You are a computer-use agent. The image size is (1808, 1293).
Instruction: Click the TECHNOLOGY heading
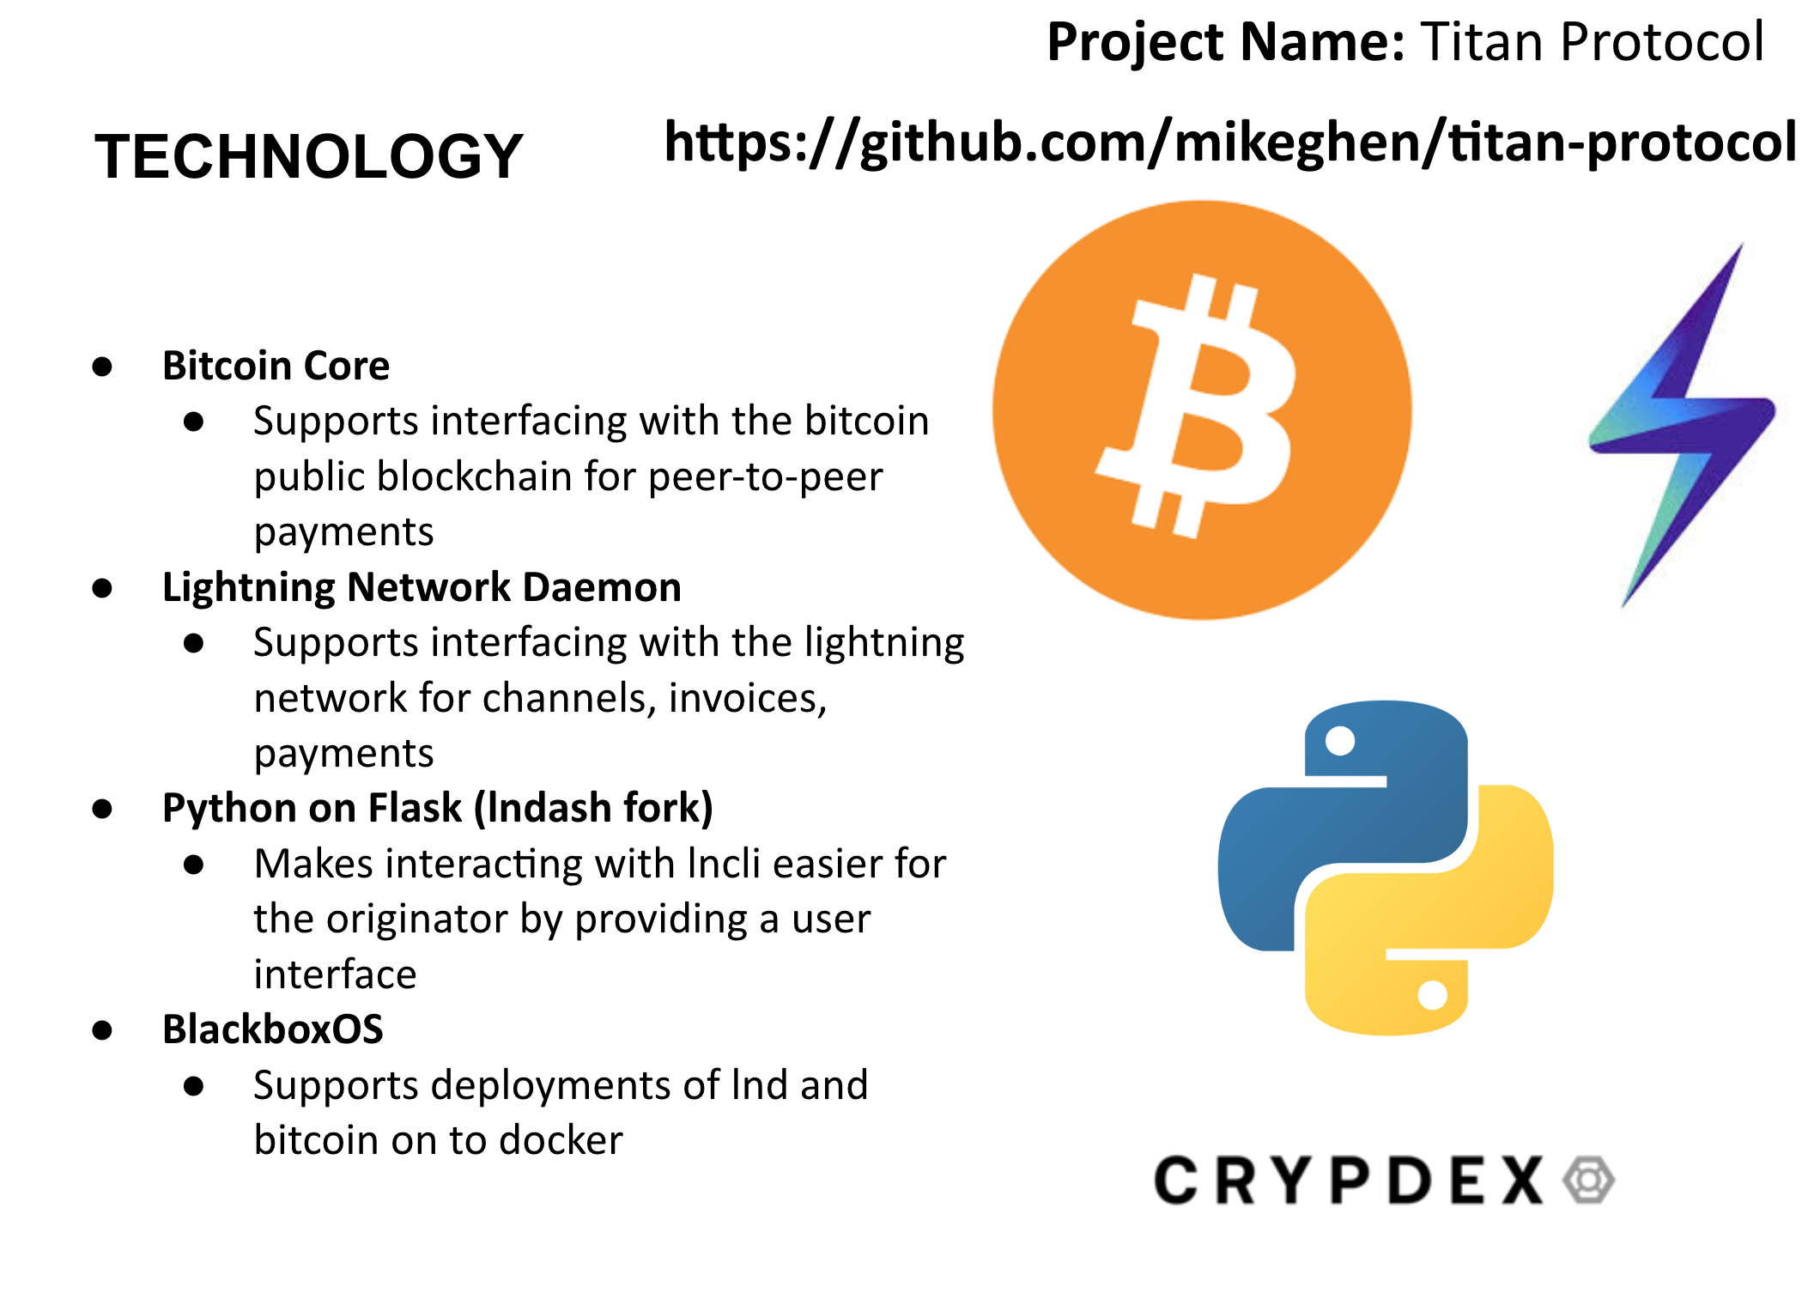[308, 156]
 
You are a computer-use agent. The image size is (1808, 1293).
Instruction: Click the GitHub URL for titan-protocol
[1229, 143]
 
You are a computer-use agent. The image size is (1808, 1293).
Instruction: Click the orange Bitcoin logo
[1202, 410]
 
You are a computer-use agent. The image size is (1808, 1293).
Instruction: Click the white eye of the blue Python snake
[1340, 740]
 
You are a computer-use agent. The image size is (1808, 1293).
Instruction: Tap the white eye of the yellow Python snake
[1432, 995]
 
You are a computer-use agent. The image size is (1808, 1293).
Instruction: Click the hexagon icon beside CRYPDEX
[1588, 1181]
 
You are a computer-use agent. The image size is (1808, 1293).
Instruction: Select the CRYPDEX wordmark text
[1348, 1181]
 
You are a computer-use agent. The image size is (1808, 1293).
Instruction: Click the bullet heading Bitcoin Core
[276, 366]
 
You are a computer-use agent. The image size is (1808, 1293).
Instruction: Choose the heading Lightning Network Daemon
[422, 587]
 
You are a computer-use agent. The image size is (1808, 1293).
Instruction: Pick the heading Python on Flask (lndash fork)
[437, 808]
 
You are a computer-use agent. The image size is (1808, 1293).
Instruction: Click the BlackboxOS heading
[273, 1029]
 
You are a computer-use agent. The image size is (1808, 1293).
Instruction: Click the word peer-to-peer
[765, 477]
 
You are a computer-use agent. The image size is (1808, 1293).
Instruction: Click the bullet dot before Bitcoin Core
[103, 367]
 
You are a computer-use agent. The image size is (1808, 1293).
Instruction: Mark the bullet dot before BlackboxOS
[103, 1030]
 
